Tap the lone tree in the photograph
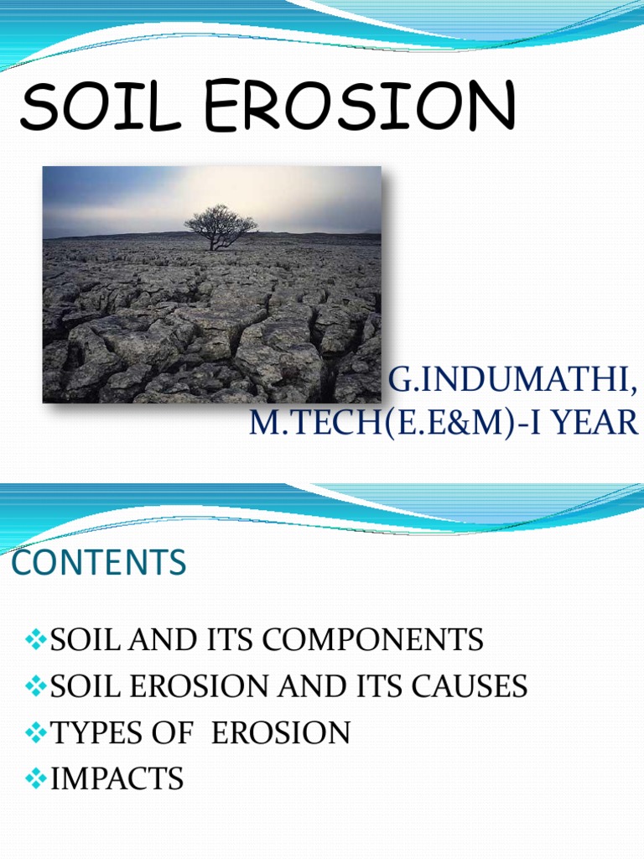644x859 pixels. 221,225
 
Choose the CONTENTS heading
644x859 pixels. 99,563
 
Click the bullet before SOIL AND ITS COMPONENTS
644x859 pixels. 37,641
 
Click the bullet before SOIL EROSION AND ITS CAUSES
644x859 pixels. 37,687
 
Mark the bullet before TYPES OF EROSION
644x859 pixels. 37,733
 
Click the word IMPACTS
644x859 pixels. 117,779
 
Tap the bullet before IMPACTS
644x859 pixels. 37,779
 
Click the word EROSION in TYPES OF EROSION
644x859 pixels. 281,733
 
